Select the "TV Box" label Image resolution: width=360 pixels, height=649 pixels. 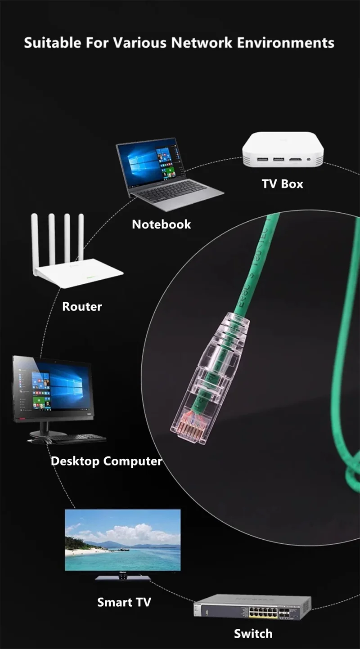tap(282, 184)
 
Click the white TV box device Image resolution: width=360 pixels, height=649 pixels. tap(283, 150)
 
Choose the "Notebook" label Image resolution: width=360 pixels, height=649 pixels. tap(161, 224)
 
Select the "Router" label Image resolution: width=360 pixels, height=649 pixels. tap(82, 307)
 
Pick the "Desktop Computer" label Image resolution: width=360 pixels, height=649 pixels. tap(106, 461)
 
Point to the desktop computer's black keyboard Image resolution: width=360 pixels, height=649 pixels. tap(79, 438)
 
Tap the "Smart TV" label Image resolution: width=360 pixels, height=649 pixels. tap(124, 602)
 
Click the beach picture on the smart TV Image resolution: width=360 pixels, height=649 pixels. tap(122, 540)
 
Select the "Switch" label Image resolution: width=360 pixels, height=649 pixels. tap(253, 633)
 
